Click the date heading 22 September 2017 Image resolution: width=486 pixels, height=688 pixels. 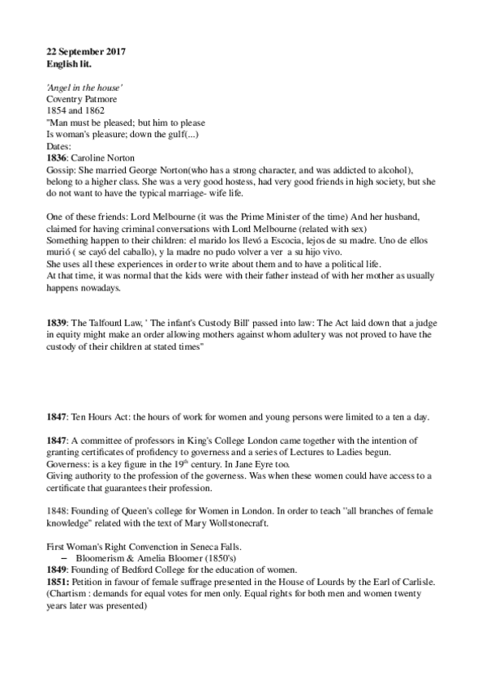click(x=86, y=52)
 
